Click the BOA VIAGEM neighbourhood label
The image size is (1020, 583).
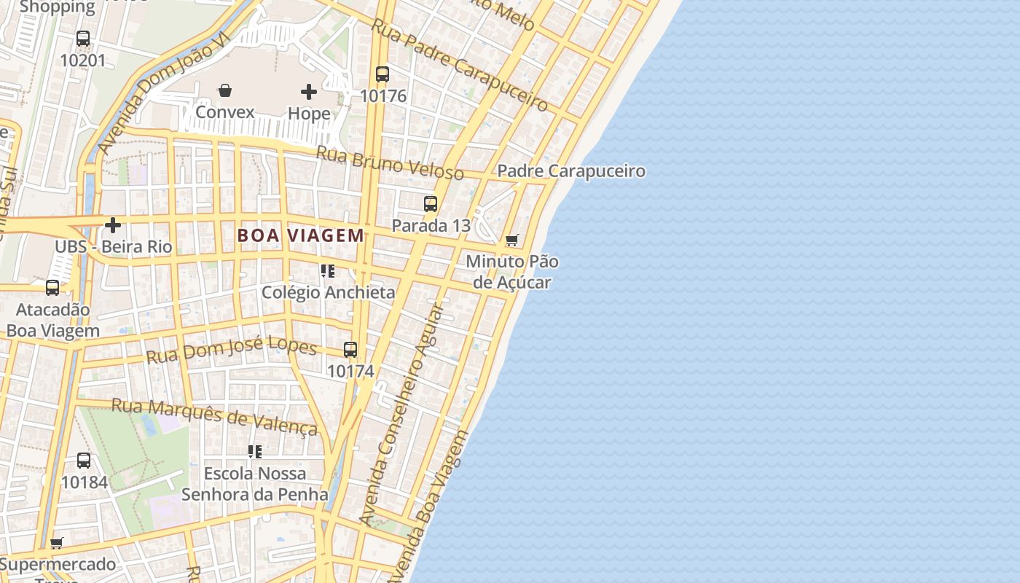coord(301,235)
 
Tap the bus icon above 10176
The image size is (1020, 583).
coord(382,74)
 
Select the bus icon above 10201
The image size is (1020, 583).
coord(83,39)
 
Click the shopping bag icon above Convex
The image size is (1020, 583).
coord(225,90)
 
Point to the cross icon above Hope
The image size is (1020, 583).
coord(309,92)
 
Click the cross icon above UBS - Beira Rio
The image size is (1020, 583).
coord(113,225)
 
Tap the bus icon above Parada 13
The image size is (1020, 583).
coord(431,204)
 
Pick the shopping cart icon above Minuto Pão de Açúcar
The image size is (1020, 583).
coord(512,240)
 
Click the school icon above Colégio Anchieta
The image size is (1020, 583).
coord(328,271)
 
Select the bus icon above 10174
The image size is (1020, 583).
coord(350,350)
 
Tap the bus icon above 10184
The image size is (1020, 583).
coord(84,461)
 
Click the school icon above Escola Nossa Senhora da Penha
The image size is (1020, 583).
coord(254,452)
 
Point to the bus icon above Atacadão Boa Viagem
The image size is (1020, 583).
coord(52,288)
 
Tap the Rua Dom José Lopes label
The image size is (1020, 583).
coord(232,351)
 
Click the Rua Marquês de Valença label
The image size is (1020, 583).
coord(214,416)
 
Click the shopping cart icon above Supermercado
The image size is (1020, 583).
coord(57,543)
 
